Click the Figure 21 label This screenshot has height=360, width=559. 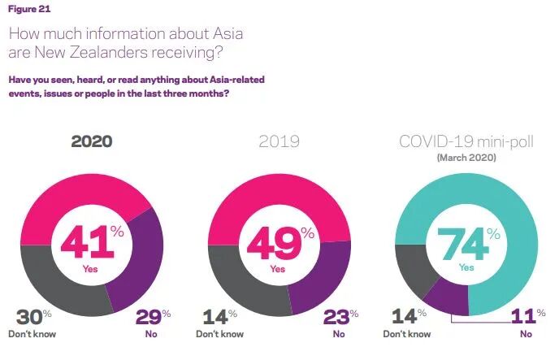[x=29, y=9]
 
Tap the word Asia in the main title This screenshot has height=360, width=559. [x=228, y=33]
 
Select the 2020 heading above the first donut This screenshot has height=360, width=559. [x=92, y=141]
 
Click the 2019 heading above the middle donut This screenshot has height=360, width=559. [x=279, y=141]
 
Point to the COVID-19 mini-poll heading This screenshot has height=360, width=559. [x=466, y=141]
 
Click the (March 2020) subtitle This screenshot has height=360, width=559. [x=466, y=158]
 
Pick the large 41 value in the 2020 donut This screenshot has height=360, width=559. [x=88, y=242]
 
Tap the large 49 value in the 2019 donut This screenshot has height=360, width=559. [x=274, y=242]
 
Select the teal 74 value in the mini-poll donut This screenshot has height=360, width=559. [x=463, y=244]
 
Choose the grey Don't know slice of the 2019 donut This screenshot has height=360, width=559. [x=242, y=285]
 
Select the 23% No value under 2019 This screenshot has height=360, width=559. [x=340, y=316]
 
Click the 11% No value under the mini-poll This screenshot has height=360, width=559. [x=527, y=316]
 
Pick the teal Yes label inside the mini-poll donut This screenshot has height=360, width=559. [x=466, y=267]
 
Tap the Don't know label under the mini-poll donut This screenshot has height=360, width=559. [x=407, y=334]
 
